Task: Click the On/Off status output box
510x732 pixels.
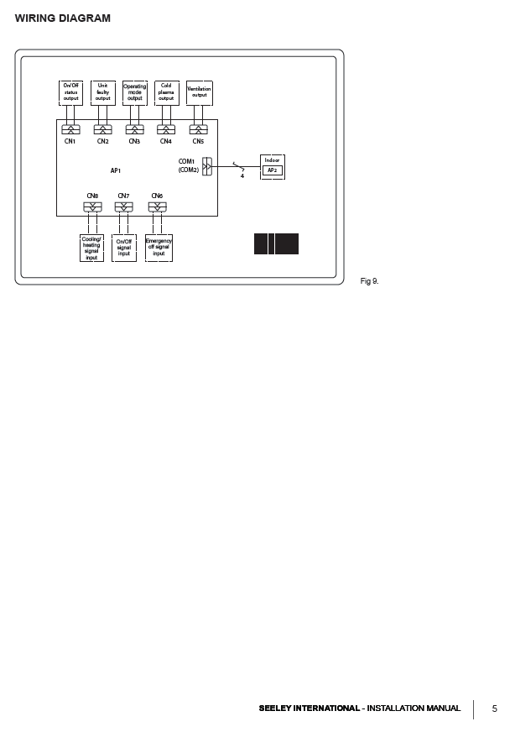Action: [x=71, y=92]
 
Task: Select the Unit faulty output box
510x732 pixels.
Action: [x=102, y=92]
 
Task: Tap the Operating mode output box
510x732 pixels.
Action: [x=134, y=92]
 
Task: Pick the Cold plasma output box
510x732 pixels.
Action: [x=166, y=92]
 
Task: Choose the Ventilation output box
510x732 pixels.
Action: [x=199, y=92]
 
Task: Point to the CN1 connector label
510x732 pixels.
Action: [x=70, y=141]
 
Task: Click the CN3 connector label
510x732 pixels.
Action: [x=134, y=141]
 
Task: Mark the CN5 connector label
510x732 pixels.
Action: [x=198, y=141]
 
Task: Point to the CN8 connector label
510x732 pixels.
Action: [x=92, y=196]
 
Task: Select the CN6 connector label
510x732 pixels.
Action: [x=157, y=196]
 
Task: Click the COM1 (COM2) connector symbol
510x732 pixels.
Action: [x=207, y=166]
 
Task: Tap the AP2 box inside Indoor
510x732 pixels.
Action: [x=272, y=170]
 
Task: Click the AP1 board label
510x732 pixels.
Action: [x=116, y=170]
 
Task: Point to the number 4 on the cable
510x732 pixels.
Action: [x=242, y=175]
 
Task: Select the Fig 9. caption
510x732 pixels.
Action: [x=369, y=280]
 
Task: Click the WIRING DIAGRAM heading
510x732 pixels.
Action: [x=63, y=18]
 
